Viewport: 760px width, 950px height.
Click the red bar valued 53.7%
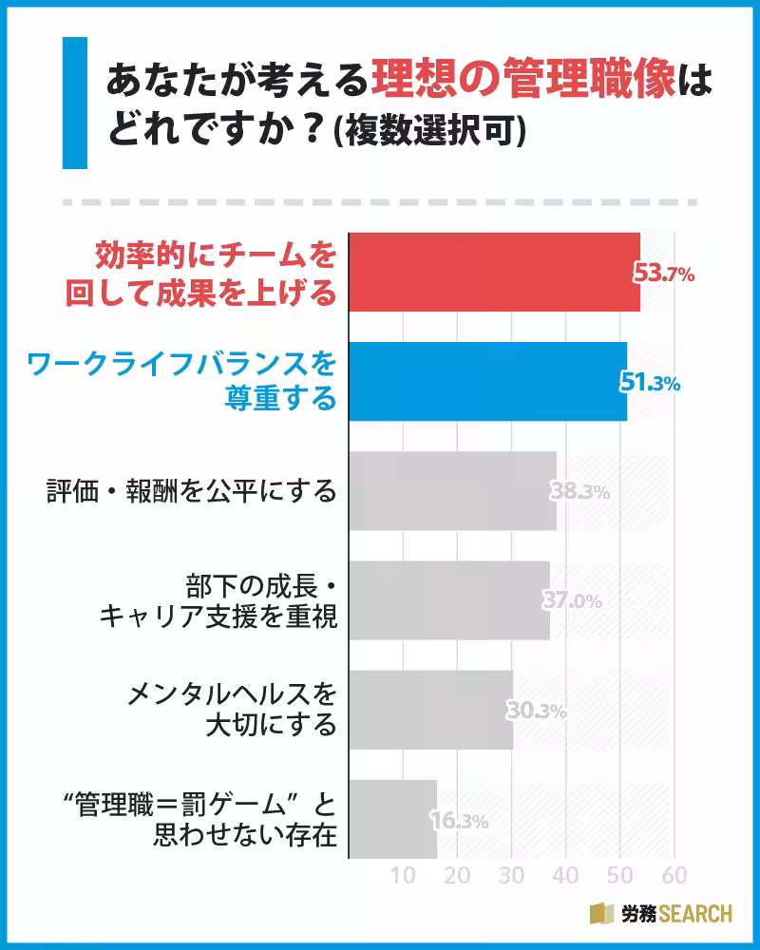click(494, 272)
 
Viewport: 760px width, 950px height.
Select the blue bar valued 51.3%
click(488, 381)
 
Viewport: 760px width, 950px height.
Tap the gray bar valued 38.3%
click(452, 491)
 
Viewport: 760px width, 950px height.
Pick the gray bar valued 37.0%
click(448, 600)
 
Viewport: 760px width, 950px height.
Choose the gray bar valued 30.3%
click(430, 710)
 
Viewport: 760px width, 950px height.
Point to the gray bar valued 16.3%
click(392, 819)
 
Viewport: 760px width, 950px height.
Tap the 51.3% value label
click(651, 384)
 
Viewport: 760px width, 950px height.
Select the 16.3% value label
click(460, 822)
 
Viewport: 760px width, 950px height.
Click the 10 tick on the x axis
click(404, 875)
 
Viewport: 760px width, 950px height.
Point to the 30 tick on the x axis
click(512, 875)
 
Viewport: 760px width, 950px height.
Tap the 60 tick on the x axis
click(674, 875)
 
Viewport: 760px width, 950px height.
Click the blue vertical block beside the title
click(74, 103)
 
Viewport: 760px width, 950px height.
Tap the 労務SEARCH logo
click(661, 914)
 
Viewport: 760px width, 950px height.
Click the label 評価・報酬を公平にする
click(192, 492)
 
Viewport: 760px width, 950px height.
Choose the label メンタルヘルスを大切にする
click(233, 710)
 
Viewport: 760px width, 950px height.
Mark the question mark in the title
click(307, 128)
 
